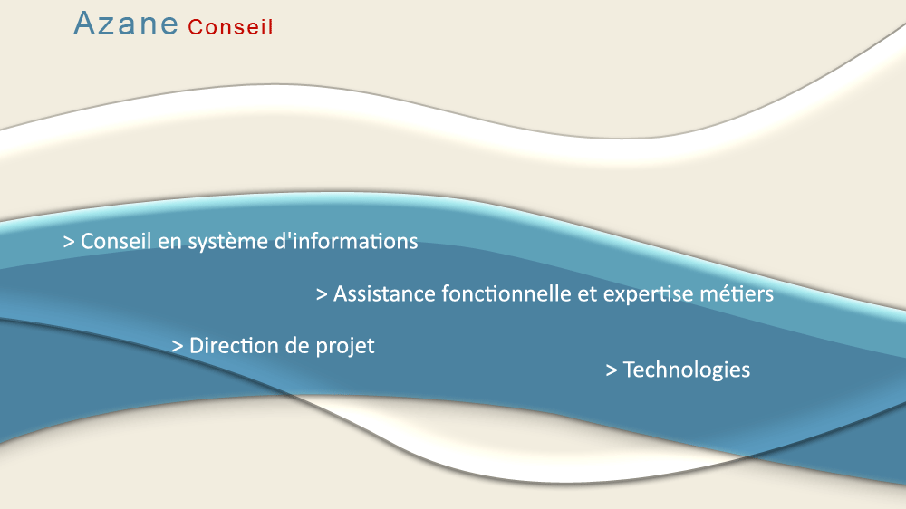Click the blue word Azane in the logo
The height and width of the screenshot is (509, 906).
click(x=125, y=24)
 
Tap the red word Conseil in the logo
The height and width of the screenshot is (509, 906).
click(x=230, y=27)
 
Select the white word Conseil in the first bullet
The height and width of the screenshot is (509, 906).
click(x=116, y=241)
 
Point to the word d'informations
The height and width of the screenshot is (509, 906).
click(x=346, y=241)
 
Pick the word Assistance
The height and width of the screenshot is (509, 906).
click(x=384, y=293)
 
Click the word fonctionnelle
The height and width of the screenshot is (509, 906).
click(x=509, y=293)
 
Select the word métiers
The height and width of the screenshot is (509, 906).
click(x=737, y=293)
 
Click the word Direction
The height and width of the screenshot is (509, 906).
click(x=234, y=345)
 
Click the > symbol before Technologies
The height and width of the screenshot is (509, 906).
click(x=612, y=370)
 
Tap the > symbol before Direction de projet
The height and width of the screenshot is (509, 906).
click(x=178, y=347)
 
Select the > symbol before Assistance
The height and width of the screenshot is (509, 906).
click(x=322, y=294)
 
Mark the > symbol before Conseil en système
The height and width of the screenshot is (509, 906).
click(x=69, y=242)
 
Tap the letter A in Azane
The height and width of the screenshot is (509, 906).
click(x=84, y=24)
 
